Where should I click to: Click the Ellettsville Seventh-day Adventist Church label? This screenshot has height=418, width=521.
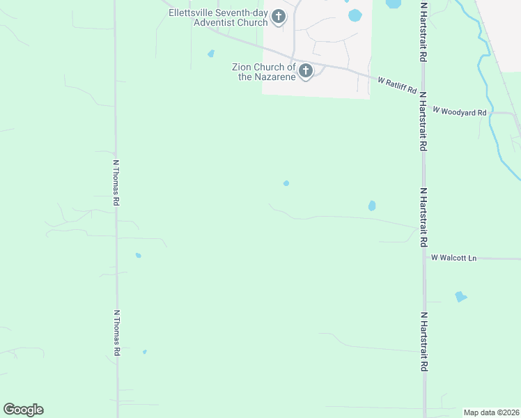click(218, 17)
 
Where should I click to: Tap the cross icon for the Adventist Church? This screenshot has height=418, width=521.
click(279, 17)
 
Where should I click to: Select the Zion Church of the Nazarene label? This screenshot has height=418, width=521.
click(264, 72)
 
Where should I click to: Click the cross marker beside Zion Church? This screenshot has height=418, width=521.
click(305, 71)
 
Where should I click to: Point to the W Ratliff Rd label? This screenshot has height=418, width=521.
click(397, 86)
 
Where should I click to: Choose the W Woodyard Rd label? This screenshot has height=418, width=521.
click(459, 111)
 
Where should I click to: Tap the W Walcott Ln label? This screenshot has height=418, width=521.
click(453, 258)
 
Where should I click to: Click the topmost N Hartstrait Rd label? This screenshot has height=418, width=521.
click(423, 31)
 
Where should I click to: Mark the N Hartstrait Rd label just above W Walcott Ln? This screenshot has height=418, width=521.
click(423, 217)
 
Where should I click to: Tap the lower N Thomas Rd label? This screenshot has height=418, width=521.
click(116, 333)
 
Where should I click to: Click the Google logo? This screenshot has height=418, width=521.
click(23, 410)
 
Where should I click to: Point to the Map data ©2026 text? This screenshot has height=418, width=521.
click(491, 412)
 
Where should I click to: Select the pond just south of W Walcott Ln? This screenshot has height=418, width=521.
click(460, 297)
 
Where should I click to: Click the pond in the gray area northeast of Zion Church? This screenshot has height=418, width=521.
click(355, 15)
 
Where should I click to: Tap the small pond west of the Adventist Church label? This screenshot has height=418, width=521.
click(211, 54)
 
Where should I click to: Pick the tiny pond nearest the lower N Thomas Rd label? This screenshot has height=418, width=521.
click(145, 352)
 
